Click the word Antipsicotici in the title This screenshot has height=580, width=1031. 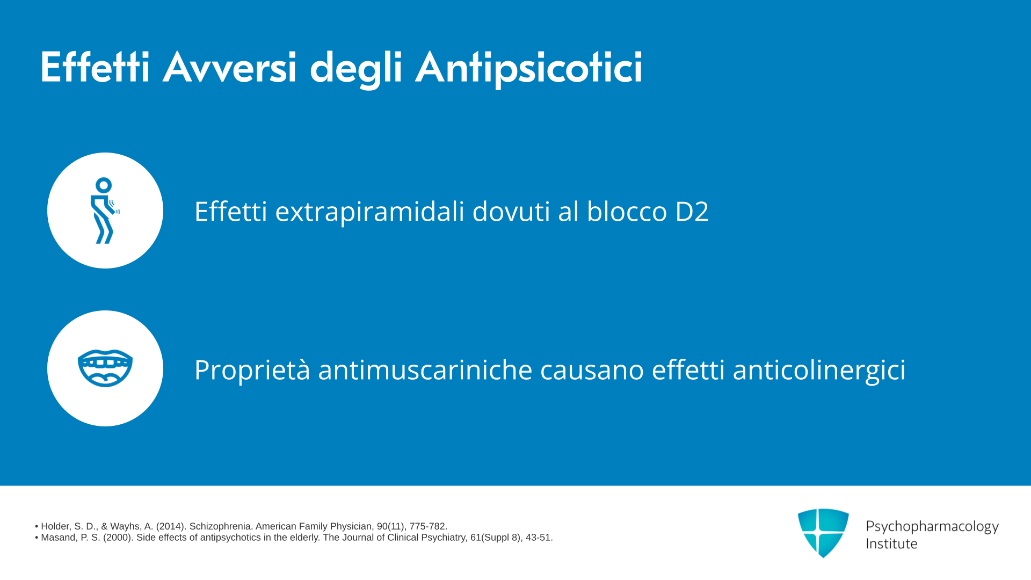[x=529, y=68]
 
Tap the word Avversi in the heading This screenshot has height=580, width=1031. [x=229, y=67]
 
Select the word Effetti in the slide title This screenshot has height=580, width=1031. [x=95, y=67]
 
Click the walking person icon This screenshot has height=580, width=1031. [x=105, y=211]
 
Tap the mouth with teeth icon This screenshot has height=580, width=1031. [x=105, y=368]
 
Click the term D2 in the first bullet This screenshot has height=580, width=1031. [x=692, y=211]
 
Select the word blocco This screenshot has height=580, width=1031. [x=627, y=211]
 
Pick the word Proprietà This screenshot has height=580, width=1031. [x=252, y=370]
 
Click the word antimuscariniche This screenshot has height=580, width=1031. [x=425, y=370]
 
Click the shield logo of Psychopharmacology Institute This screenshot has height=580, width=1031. [x=823, y=533]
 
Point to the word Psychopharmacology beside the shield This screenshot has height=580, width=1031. [x=932, y=527]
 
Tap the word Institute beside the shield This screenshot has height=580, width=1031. [x=891, y=543]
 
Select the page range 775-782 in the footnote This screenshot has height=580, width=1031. [x=427, y=526]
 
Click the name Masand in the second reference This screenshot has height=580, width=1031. [x=58, y=538]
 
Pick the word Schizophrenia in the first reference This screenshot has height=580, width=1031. [x=220, y=526]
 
